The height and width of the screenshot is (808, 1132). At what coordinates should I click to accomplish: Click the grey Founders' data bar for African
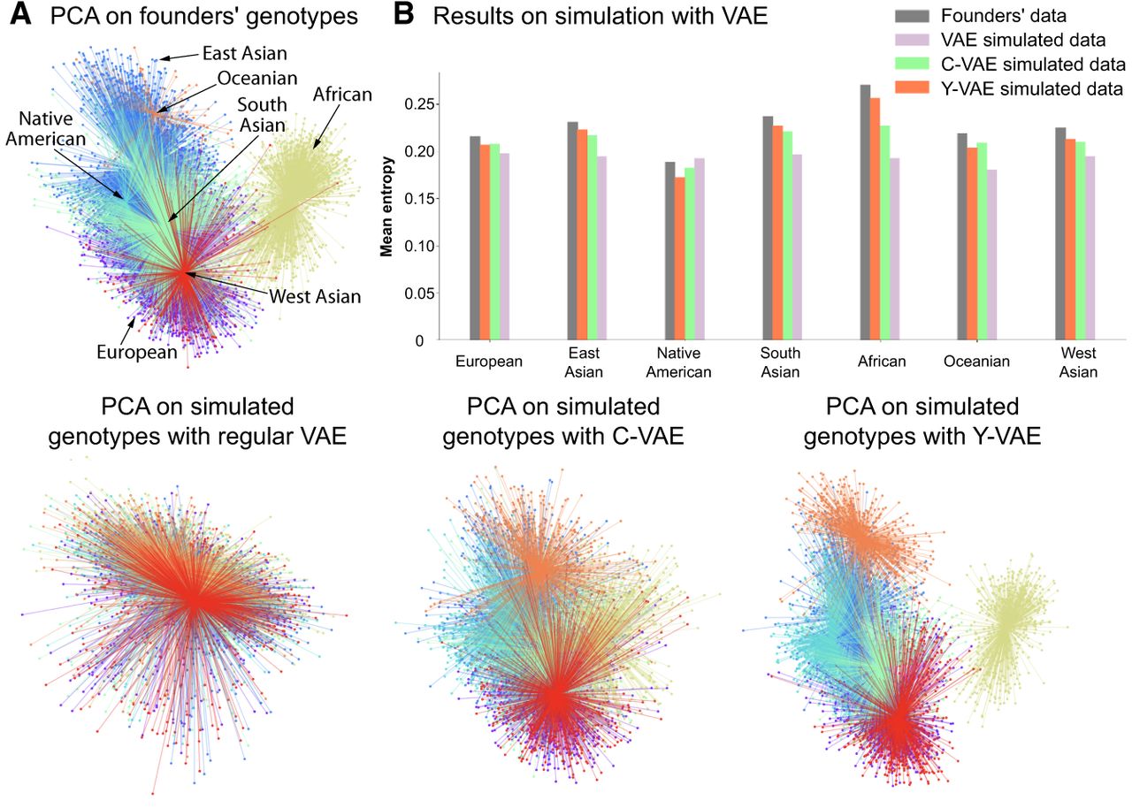coord(865,212)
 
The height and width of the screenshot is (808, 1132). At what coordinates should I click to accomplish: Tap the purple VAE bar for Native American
coord(700,248)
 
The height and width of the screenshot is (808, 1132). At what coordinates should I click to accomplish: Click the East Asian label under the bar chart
coord(581,362)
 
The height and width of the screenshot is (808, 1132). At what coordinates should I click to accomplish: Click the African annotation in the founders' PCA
coord(342,95)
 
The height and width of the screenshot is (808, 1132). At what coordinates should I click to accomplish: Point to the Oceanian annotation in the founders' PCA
coord(256,78)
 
